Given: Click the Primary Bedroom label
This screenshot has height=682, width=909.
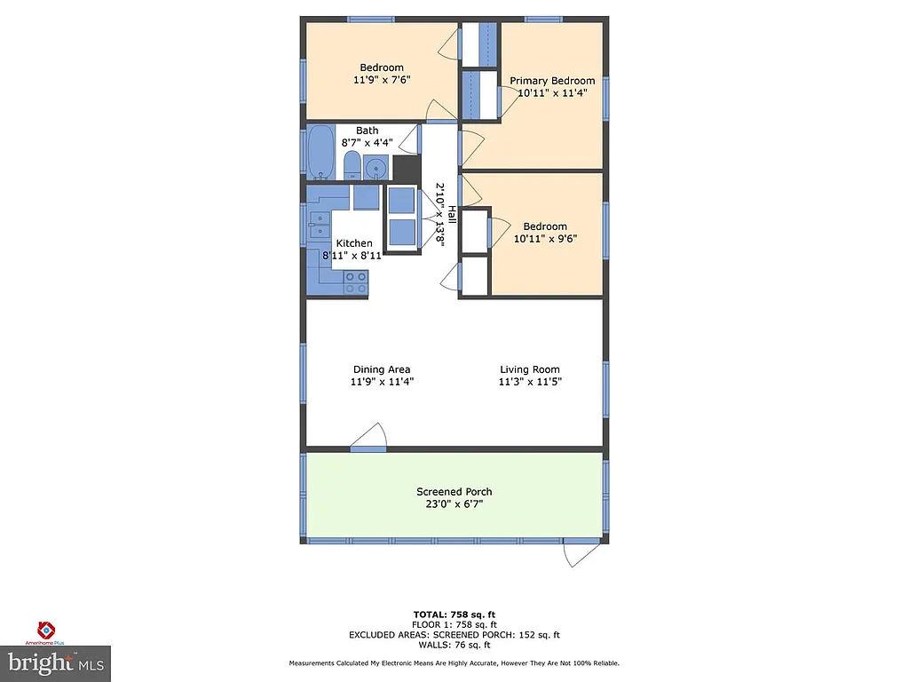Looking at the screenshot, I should (552, 81).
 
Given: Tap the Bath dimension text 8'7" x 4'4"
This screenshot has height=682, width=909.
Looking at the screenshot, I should (367, 142).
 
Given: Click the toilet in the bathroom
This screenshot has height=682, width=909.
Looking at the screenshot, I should (352, 165).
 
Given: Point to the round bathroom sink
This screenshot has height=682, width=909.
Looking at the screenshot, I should (376, 166).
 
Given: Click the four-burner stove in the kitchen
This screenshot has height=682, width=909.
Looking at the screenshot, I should (356, 282).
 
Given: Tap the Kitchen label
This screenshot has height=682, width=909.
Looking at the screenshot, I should (353, 243).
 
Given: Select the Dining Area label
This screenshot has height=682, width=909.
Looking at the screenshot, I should (382, 369).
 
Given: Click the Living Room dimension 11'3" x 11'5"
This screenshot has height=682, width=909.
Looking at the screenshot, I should (530, 382).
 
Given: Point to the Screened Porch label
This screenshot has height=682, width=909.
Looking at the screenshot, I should (454, 492).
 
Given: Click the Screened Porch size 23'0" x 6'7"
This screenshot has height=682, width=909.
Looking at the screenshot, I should (454, 504).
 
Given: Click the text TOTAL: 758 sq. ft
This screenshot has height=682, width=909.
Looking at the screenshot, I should (454, 615).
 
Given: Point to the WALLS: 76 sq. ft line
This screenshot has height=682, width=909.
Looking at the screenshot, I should (454, 645).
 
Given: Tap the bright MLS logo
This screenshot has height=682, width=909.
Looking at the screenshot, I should (55, 662).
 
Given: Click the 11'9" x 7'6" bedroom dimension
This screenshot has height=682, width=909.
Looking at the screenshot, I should (382, 79).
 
